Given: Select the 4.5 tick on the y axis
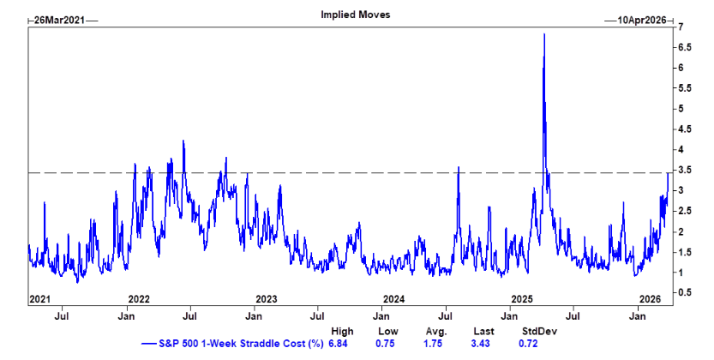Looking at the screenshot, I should [x=683, y=129].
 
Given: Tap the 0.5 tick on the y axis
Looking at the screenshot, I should [x=683, y=292].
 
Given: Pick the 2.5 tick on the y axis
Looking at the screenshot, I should [x=683, y=211].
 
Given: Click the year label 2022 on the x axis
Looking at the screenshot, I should [x=139, y=299].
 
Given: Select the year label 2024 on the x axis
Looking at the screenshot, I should [x=393, y=299].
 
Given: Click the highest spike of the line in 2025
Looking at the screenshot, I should [x=544, y=34].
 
